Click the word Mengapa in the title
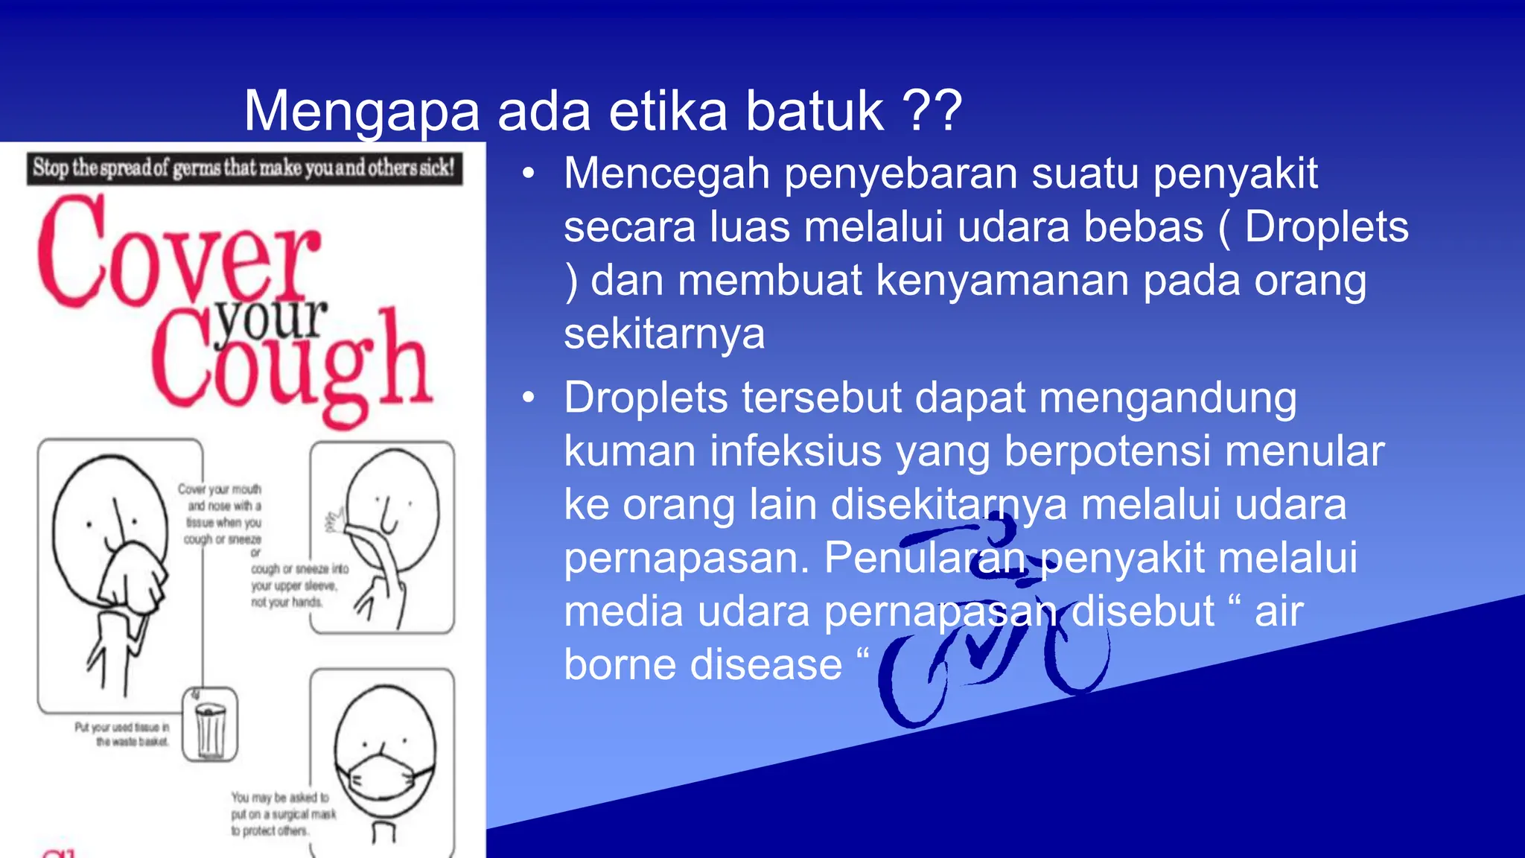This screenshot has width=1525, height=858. coord(362,112)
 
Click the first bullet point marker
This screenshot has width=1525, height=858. coord(529,174)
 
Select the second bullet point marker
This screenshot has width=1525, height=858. coord(529,398)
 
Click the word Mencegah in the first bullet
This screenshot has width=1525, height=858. coord(666,174)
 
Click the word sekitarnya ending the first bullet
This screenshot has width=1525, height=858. coord(664,334)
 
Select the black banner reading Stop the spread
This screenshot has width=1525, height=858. coord(244,168)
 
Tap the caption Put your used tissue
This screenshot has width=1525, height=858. coord(122,734)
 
